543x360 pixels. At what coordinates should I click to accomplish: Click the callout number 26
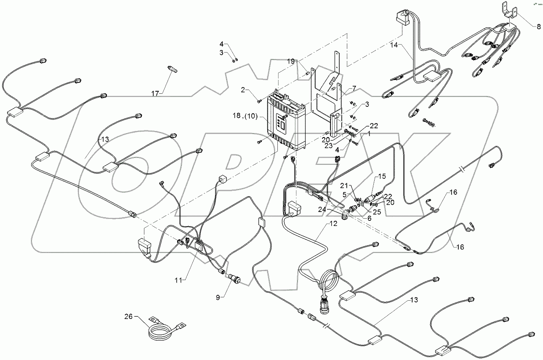point(129,316)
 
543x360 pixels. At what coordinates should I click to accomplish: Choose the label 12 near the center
point(333,224)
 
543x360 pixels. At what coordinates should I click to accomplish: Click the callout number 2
point(243,89)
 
